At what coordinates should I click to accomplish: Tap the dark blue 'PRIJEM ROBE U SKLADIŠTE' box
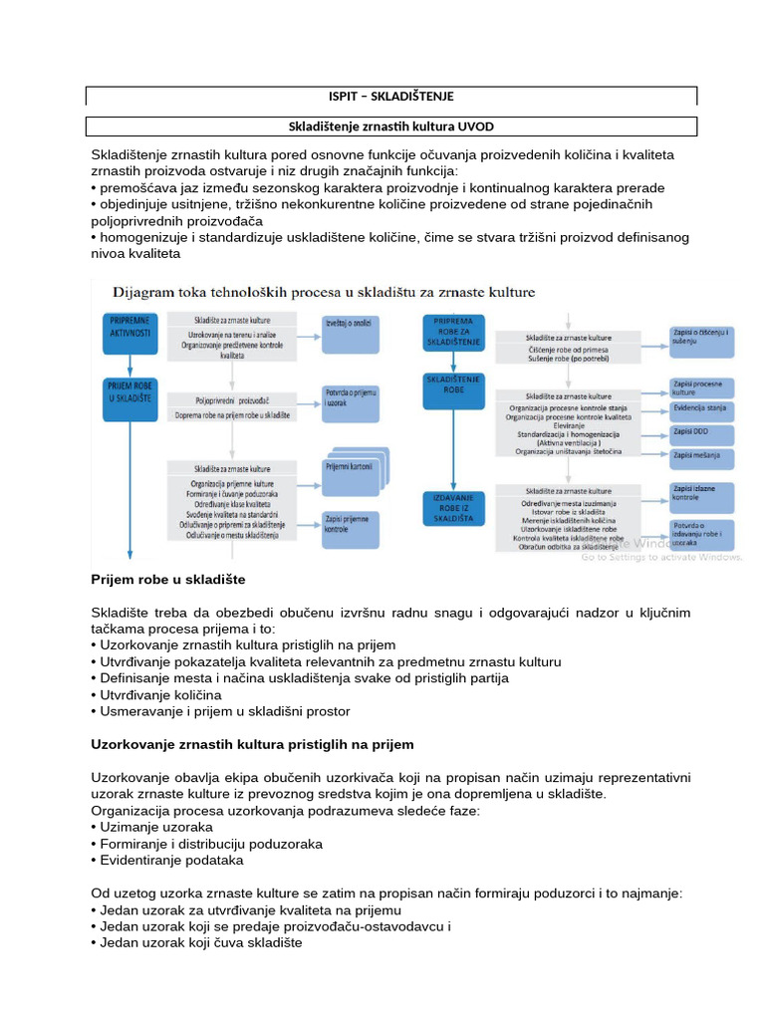click(130, 397)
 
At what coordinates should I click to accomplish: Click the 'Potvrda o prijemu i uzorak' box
click(350, 401)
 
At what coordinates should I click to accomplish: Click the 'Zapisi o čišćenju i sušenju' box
click(702, 339)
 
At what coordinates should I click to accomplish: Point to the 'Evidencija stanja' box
click(702, 408)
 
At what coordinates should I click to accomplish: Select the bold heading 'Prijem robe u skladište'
click(168, 579)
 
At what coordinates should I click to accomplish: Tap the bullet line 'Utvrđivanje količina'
click(159, 694)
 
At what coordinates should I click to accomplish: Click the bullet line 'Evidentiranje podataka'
click(171, 860)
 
